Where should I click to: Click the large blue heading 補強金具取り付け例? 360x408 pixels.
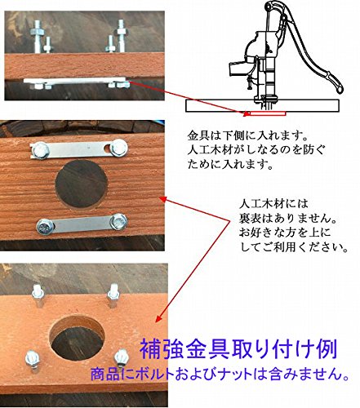tap(238, 349)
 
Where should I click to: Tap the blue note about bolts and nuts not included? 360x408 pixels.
tap(220, 375)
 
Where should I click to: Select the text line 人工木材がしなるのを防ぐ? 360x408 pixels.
tap(256, 150)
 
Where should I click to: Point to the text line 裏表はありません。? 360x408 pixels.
tap(287, 218)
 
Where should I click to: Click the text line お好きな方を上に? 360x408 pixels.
tap(285, 233)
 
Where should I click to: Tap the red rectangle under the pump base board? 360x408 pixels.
tap(268, 113)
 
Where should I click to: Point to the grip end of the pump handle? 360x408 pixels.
tap(336, 84)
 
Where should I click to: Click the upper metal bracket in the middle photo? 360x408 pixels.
tap(79, 149)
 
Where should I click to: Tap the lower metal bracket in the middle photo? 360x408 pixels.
tap(82, 224)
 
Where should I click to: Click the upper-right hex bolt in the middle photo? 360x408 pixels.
tap(118, 147)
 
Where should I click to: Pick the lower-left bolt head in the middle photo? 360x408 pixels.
tap(45, 227)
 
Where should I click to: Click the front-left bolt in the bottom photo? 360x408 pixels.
tap(33, 361)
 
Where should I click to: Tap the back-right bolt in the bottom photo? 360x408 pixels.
tap(113, 295)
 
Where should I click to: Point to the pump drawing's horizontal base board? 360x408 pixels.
tap(262, 106)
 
